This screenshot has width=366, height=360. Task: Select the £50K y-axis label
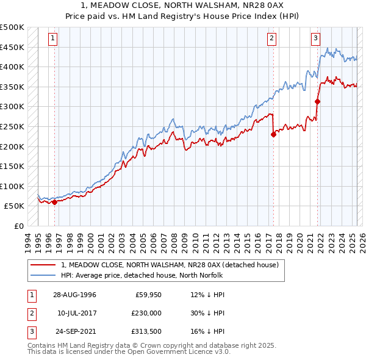(x=15, y=206)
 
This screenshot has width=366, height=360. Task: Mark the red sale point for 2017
(x=273, y=135)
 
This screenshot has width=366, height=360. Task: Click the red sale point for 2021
(x=318, y=101)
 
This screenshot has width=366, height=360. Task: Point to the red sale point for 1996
(x=54, y=202)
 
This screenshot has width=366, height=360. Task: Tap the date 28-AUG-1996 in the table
(x=74, y=294)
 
